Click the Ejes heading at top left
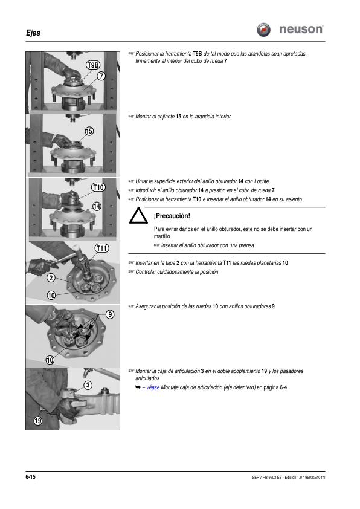(x=33, y=33)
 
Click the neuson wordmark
(x=301, y=29)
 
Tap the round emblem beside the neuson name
(x=264, y=30)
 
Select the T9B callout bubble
(x=93, y=65)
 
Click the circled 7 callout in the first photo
(x=101, y=76)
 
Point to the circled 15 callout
(x=89, y=131)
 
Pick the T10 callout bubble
(x=98, y=187)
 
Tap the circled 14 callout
(x=97, y=206)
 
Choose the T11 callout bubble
(x=102, y=248)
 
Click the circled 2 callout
(x=51, y=278)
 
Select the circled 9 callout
(x=111, y=314)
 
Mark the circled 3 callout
(x=88, y=385)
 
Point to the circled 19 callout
(x=38, y=421)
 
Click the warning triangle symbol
(x=138, y=216)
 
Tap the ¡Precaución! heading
(x=172, y=216)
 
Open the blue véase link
(x=153, y=387)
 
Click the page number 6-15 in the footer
(x=30, y=476)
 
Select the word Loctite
(x=262, y=181)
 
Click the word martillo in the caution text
(x=162, y=236)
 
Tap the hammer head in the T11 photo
(x=77, y=248)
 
